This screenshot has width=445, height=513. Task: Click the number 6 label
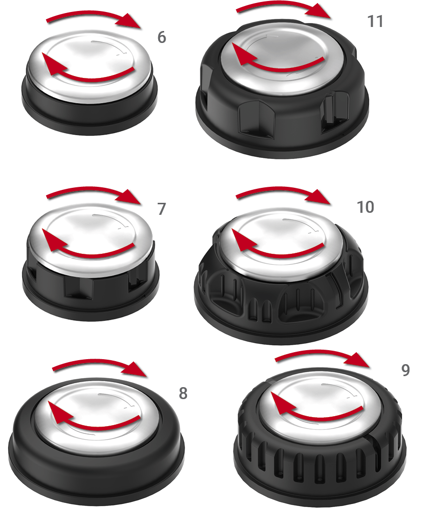[x=162, y=37]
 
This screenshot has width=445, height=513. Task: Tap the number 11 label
[x=375, y=21]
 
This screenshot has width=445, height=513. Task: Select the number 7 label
[x=162, y=209]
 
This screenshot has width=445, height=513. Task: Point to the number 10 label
[x=365, y=207]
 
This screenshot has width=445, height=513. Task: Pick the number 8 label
[x=183, y=393]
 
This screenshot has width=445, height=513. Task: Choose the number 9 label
[x=406, y=370]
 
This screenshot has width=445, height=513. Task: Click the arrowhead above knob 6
[x=130, y=21]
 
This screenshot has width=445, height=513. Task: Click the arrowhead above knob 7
[x=130, y=197]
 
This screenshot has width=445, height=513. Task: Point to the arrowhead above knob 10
[x=320, y=197]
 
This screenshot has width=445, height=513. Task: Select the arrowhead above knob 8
[x=136, y=370]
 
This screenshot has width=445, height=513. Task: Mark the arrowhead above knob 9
[x=358, y=360]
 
